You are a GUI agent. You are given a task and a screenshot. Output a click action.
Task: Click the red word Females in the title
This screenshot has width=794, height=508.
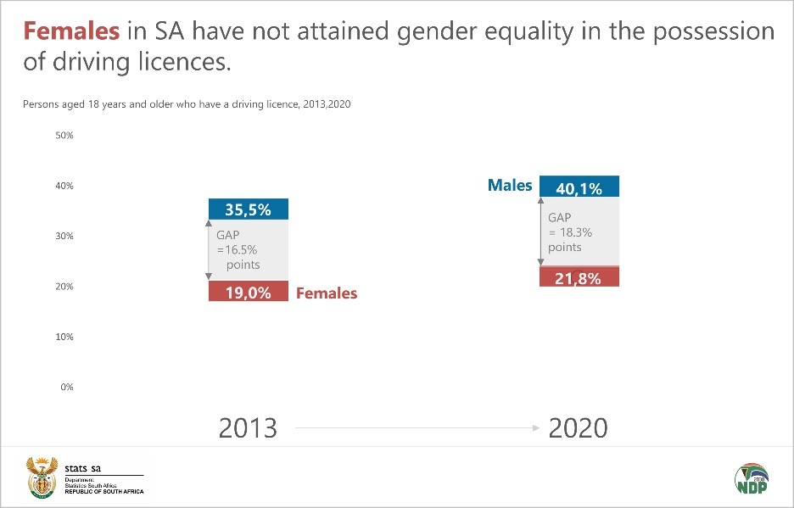(x=71, y=32)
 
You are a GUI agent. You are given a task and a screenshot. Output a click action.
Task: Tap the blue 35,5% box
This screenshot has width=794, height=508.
(x=248, y=209)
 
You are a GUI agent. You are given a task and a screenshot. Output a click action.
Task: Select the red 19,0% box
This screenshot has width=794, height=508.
(x=248, y=292)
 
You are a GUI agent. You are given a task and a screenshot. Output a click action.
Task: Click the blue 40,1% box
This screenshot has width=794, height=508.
(x=579, y=187)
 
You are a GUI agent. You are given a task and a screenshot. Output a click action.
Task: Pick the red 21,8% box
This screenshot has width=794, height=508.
(x=579, y=277)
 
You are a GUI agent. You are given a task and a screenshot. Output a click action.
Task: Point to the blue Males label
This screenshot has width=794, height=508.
(x=510, y=186)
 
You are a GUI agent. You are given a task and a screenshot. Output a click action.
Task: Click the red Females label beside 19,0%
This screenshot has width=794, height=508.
(x=327, y=293)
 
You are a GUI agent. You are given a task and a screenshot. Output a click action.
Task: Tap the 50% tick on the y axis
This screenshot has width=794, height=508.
(x=64, y=136)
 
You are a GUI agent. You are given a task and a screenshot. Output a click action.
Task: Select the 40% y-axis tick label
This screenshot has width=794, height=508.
(x=64, y=186)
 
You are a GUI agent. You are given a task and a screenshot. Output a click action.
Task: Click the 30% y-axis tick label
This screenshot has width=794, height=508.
(x=64, y=237)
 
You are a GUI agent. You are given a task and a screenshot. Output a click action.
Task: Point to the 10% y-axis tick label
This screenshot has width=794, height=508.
(x=64, y=337)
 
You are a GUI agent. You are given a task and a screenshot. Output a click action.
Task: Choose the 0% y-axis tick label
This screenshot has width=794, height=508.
(x=67, y=387)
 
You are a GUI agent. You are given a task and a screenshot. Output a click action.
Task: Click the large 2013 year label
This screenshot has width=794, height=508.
(x=248, y=427)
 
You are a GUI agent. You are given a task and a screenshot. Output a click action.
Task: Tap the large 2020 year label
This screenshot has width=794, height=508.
(x=579, y=427)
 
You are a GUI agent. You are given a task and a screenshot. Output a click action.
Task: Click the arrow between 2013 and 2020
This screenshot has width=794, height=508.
(x=416, y=428)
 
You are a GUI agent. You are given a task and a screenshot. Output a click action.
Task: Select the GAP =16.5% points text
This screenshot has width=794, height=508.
(x=238, y=249)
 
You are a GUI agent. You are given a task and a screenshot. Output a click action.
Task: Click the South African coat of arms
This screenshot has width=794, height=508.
(x=41, y=477)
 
